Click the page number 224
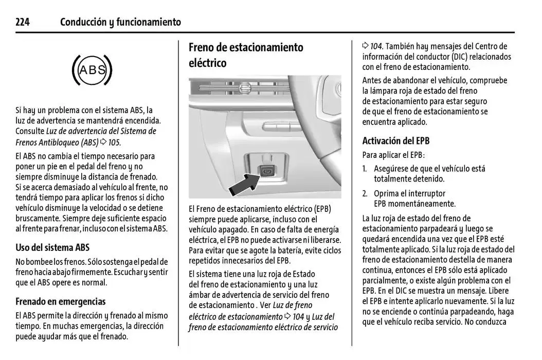(23, 22)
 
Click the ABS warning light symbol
(92, 70)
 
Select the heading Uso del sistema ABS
(52, 247)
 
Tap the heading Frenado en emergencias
(60, 301)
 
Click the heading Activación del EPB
(395, 141)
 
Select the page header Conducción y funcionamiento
(120, 22)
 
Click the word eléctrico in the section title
(207, 63)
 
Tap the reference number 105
(114, 142)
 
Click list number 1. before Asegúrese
(365, 169)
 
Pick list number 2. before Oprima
(365, 194)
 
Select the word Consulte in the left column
(30, 131)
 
